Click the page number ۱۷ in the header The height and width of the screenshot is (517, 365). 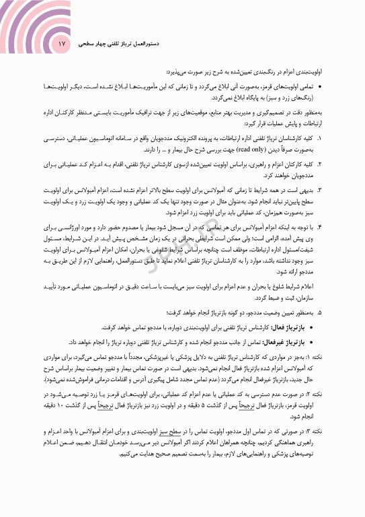point(63,44)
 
